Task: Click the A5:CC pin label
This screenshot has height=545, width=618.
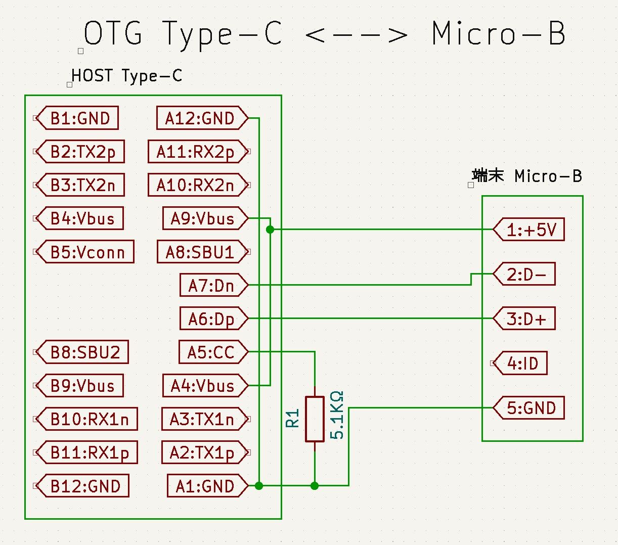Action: (x=211, y=352)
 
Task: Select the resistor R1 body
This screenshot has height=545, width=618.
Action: (x=315, y=419)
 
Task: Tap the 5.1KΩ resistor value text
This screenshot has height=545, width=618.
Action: (x=337, y=415)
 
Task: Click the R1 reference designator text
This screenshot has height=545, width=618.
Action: (x=293, y=419)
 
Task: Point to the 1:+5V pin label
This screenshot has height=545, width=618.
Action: (x=531, y=230)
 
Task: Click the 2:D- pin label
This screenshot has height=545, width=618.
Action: (x=526, y=275)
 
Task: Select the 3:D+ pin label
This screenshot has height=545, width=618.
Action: (x=526, y=319)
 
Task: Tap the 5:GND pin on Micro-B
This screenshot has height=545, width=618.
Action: (x=531, y=408)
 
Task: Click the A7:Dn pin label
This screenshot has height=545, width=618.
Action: (x=212, y=286)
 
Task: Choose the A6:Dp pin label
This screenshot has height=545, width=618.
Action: (x=212, y=319)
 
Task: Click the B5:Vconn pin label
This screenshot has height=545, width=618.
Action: (x=87, y=252)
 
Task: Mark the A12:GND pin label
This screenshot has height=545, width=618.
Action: (x=200, y=118)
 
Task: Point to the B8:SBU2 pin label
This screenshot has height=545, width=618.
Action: (x=85, y=352)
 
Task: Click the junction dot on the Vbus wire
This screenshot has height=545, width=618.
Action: (x=270, y=230)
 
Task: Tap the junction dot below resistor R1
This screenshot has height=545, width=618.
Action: (x=315, y=486)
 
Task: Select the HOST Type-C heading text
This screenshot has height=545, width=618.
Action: (x=126, y=76)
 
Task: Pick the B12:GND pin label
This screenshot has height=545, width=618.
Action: (x=85, y=486)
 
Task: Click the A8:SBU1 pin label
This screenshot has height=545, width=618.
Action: (x=201, y=252)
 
